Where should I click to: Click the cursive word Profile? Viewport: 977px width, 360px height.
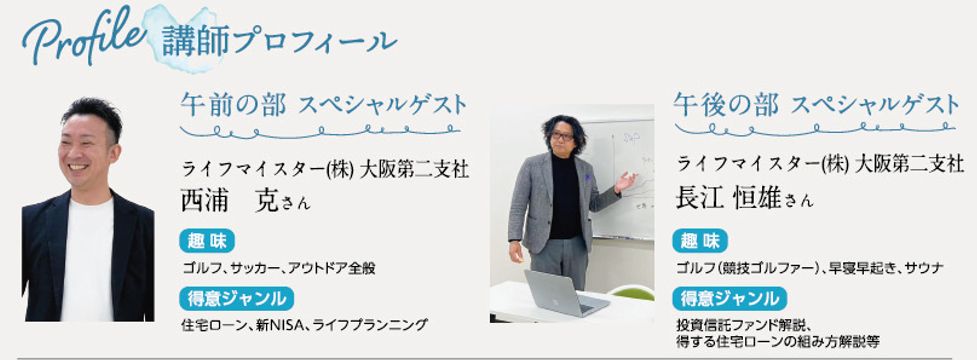[84, 38]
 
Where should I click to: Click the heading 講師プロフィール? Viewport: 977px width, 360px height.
[279, 41]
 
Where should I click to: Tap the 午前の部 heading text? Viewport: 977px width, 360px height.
[234, 105]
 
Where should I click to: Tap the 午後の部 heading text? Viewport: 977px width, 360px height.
[726, 105]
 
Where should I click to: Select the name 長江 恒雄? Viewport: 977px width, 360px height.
[728, 197]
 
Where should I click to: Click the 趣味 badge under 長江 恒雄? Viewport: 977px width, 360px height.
[700, 241]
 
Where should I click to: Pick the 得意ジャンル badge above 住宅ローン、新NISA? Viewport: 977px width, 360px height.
[236, 298]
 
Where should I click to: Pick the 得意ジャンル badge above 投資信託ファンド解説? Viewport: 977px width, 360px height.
[729, 298]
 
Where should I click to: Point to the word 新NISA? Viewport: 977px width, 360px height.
[283, 324]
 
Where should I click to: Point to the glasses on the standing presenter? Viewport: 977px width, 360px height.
[563, 135]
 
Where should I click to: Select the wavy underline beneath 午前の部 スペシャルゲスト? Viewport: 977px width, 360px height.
[320, 131]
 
